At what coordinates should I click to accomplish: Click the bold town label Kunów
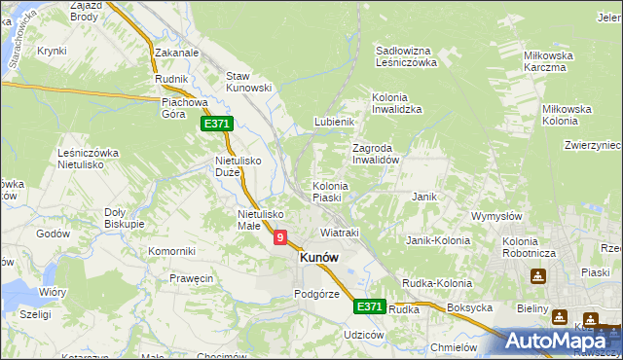(x=319, y=258)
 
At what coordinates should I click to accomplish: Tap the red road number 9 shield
(x=280, y=236)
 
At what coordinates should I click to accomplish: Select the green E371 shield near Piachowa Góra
(x=216, y=124)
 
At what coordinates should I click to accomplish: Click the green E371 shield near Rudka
(x=369, y=306)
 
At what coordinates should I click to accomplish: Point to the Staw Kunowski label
(x=248, y=82)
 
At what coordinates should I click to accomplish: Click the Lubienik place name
(x=333, y=122)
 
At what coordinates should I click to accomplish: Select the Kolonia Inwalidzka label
(x=396, y=103)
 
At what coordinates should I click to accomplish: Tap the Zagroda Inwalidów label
(x=376, y=154)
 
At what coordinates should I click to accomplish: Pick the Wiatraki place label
(x=340, y=234)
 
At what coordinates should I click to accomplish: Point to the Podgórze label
(x=316, y=294)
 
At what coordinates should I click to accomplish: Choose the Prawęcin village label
(x=190, y=278)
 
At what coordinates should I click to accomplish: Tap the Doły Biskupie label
(x=124, y=217)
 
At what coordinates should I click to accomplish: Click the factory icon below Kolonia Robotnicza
(x=537, y=276)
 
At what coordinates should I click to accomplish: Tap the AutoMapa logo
(x=558, y=341)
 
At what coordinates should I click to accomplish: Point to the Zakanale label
(x=176, y=54)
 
